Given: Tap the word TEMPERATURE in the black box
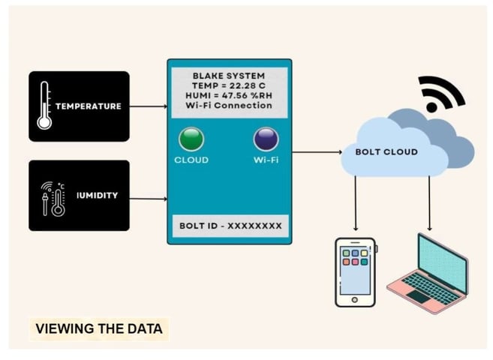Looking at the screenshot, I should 88,106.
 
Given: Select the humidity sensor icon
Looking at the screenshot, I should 53,197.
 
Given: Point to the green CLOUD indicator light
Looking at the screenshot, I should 191,139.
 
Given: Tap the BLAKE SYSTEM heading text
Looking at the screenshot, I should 228,76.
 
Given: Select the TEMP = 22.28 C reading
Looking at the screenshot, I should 228,86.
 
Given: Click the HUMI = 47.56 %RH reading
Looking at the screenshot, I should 228,96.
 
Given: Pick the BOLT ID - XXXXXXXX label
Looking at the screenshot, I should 228,225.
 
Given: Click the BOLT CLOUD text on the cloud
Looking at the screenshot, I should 386,152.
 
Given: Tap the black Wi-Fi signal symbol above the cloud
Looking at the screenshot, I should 443,94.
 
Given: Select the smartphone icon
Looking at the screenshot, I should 355,271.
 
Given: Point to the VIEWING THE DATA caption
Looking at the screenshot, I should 98,328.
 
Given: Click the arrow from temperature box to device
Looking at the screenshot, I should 148,106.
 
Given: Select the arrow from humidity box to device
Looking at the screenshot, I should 148,199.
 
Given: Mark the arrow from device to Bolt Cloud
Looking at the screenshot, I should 318,152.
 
